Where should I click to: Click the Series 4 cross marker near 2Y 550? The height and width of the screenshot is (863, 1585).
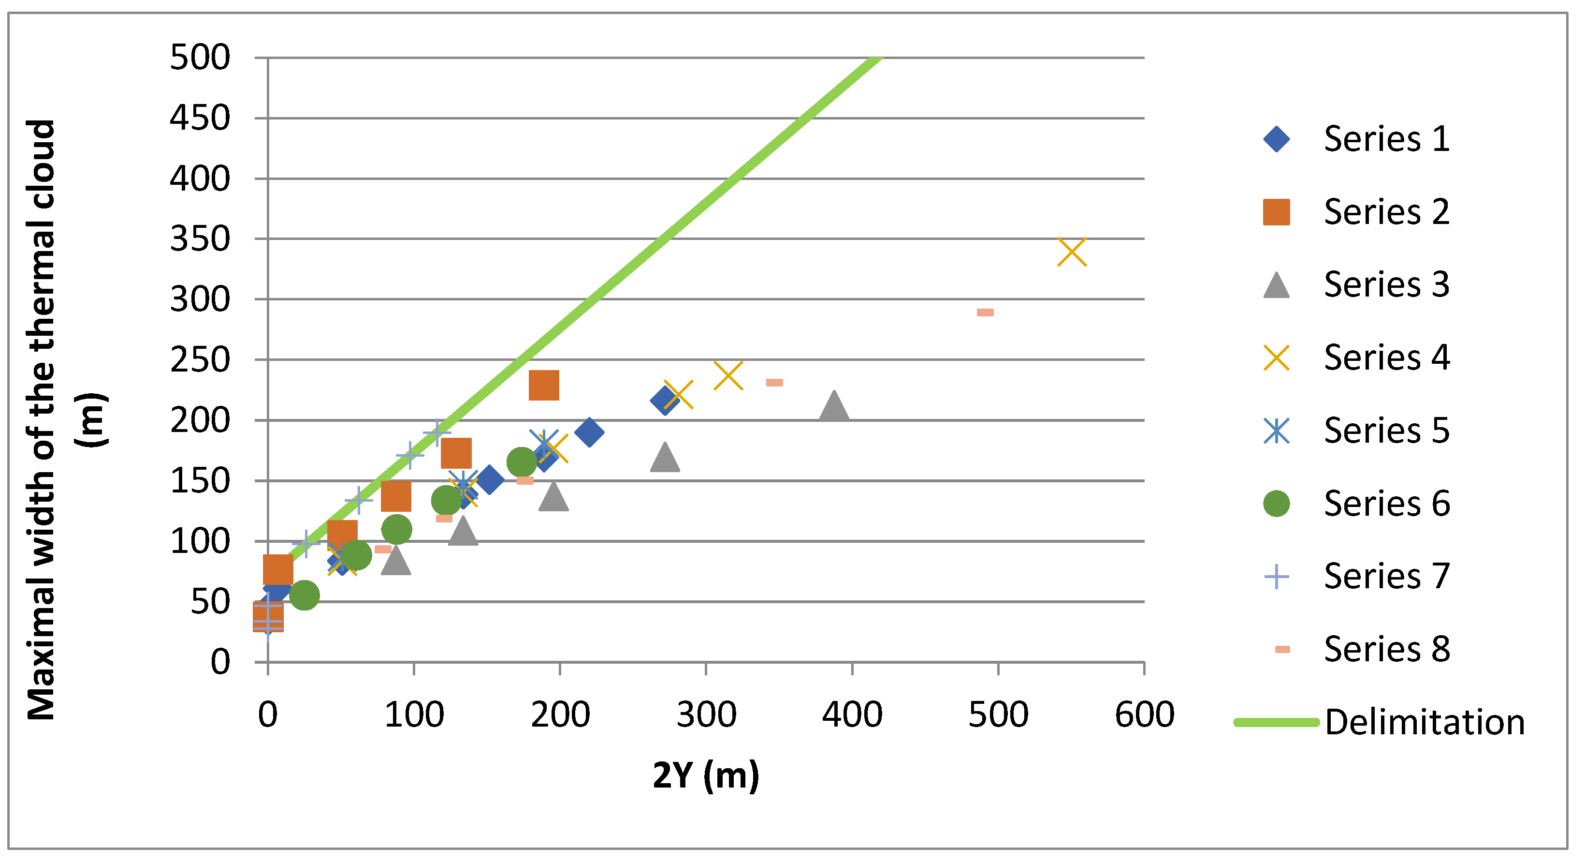[x=1071, y=252]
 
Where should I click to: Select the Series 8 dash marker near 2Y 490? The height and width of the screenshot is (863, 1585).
[x=985, y=312]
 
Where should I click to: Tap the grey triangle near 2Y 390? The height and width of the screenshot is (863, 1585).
[x=834, y=406]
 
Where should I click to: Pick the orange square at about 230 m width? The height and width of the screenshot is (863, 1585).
[x=543, y=386]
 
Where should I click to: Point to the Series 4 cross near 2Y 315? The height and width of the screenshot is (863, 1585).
[x=728, y=375]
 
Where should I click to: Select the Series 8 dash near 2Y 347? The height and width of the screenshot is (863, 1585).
[x=774, y=383]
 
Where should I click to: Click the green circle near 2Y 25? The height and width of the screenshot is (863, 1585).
[x=304, y=595]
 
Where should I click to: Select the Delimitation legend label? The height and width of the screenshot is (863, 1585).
[x=1424, y=722]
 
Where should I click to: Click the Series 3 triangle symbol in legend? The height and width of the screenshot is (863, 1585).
[x=1276, y=285]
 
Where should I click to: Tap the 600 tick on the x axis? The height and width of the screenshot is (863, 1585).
[x=1144, y=714]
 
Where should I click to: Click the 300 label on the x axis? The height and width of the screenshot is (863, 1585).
[x=706, y=714]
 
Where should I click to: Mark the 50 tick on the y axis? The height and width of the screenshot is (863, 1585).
[x=210, y=601]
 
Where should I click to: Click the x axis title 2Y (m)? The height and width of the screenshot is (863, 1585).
[x=706, y=775]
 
